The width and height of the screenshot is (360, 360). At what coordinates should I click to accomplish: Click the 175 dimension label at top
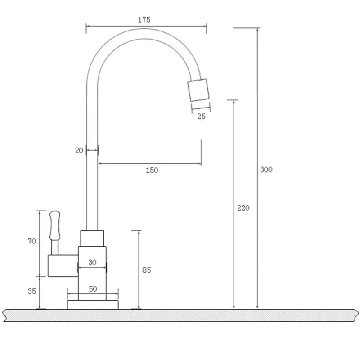(x=144, y=19)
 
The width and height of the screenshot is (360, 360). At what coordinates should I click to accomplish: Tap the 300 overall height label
(x=266, y=170)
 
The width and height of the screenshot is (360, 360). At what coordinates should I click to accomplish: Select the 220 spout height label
(x=243, y=208)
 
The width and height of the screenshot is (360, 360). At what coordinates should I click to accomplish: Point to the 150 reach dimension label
(x=152, y=170)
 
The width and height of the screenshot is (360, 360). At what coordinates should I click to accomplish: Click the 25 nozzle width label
(x=201, y=117)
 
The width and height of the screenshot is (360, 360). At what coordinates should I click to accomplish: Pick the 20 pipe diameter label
(x=79, y=151)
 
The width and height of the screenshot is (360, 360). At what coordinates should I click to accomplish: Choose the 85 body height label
(x=146, y=270)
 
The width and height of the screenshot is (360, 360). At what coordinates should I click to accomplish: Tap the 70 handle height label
(x=32, y=241)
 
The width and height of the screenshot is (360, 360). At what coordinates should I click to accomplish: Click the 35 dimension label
(x=32, y=291)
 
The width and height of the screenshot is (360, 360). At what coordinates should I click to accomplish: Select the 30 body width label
(x=92, y=262)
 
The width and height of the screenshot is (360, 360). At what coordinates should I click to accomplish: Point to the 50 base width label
(x=93, y=289)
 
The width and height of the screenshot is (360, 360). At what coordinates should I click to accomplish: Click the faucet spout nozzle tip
(x=198, y=90)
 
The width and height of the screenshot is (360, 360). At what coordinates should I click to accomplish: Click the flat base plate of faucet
(x=93, y=305)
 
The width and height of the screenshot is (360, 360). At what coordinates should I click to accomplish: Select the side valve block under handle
(x=63, y=265)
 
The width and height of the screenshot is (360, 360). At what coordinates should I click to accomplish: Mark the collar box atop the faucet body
(x=92, y=238)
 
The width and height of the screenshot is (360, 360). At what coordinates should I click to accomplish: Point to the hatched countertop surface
(x=180, y=315)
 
